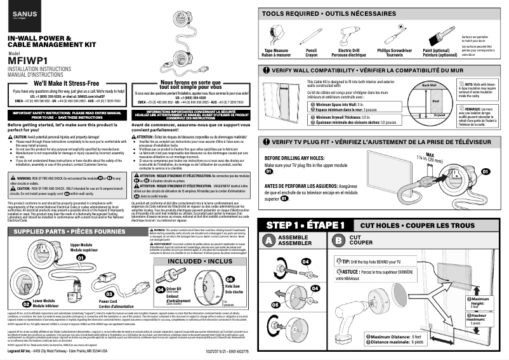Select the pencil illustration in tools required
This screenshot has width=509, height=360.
point(312,32)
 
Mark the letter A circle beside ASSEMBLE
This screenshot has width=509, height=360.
point(269,240)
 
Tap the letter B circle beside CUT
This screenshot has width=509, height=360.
point(339,240)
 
